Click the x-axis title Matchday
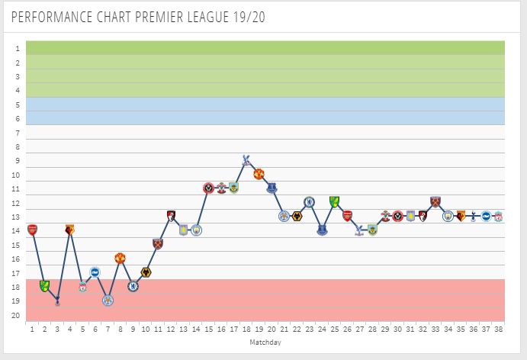point(265,343)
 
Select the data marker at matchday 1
point(32,229)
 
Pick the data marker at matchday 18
point(246,159)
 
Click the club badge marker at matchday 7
point(108,301)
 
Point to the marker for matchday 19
point(259,174)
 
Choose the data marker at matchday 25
point(334,201)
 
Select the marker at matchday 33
point(435,202)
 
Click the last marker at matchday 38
point(498,217)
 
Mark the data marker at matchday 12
point(171,216)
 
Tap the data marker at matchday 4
point(70,229)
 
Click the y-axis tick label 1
point(16,48)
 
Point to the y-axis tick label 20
point(16,315)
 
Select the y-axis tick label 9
point(16,160)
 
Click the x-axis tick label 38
point(498,329)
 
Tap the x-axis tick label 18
point(246,329)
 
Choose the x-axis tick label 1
point(32,329)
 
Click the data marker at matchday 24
point(322,230)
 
